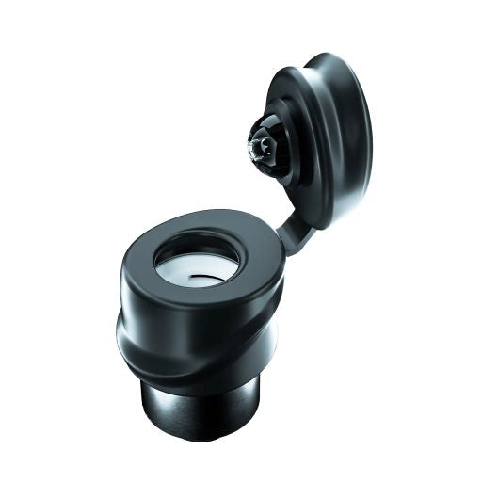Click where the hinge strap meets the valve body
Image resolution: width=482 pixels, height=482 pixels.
(280, 247)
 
